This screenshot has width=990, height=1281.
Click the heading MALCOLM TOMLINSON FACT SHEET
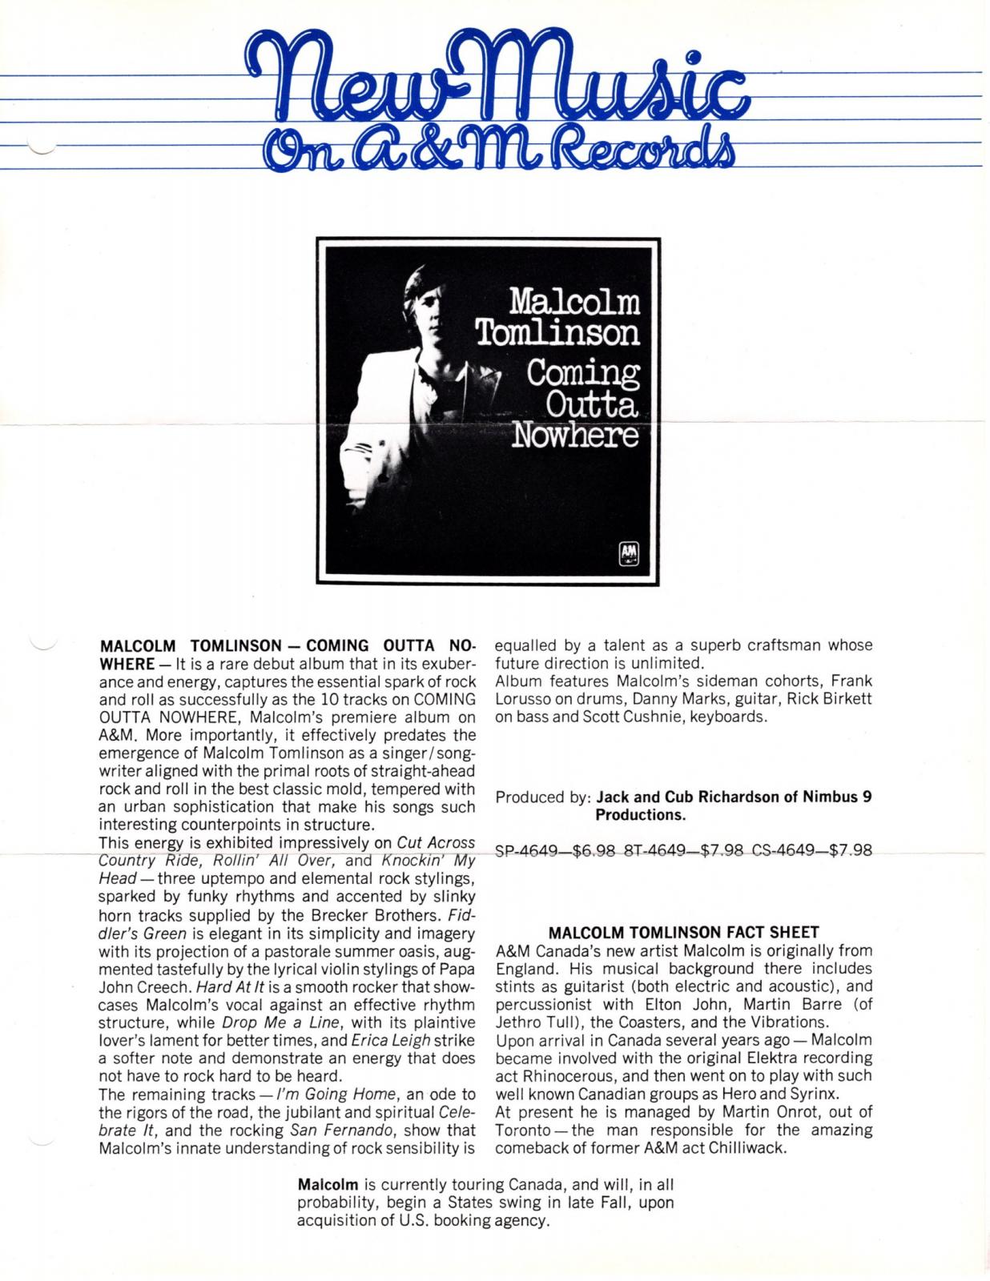coord(684,932)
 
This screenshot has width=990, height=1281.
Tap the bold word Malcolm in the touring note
coord(328,1184)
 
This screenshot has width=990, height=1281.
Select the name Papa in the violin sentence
coord(457,968)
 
